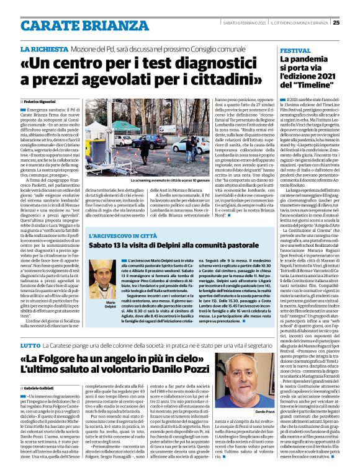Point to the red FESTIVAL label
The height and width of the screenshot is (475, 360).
[x=295, y=50]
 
